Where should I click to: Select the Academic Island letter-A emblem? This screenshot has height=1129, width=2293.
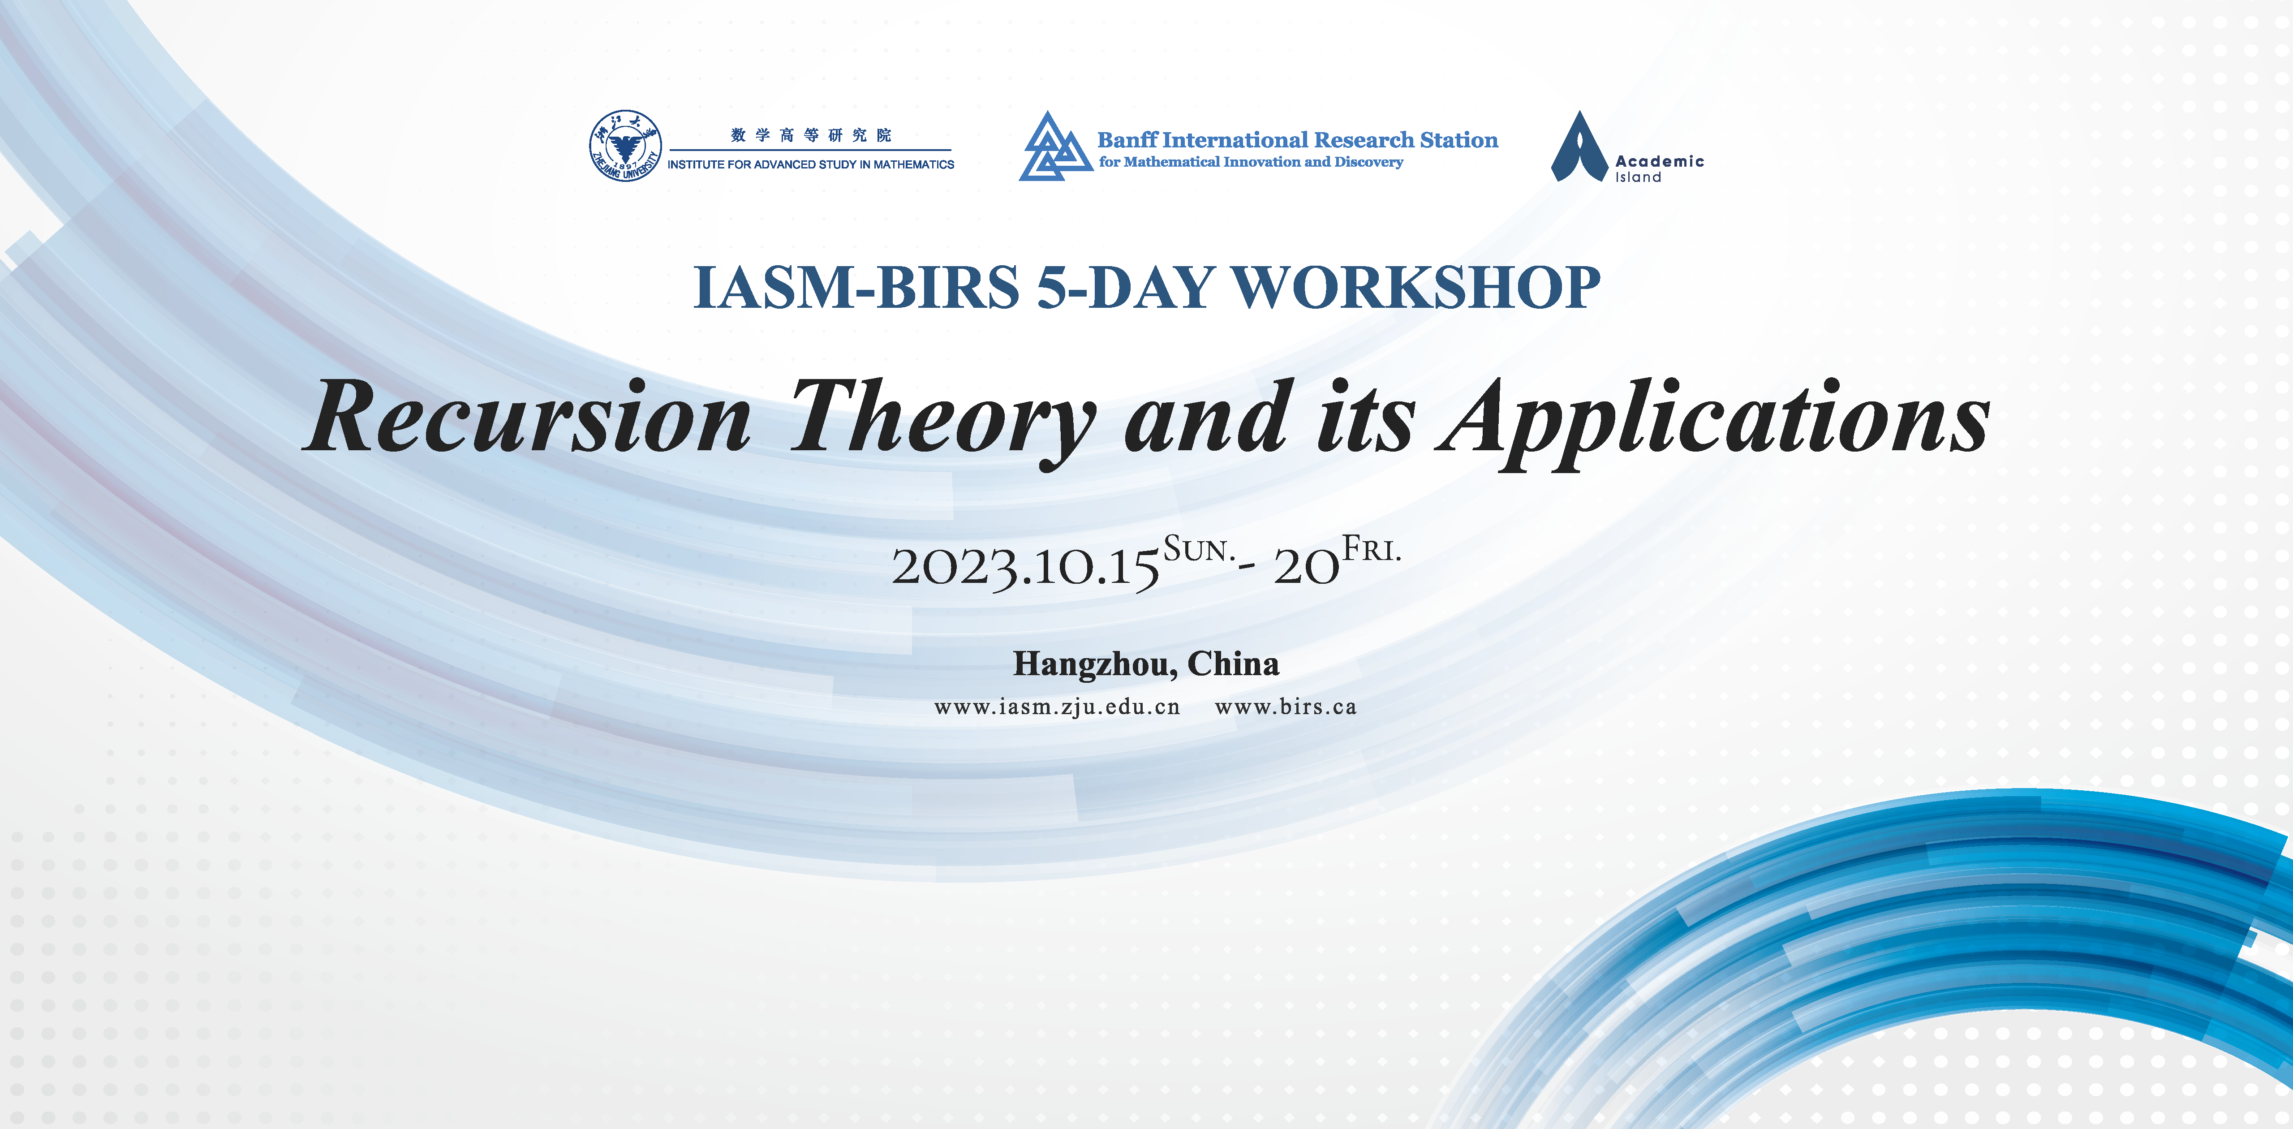[1579, 147]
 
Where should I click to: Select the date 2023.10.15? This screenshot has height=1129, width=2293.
[1025, 567]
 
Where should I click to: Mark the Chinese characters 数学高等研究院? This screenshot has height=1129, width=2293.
[811, 135]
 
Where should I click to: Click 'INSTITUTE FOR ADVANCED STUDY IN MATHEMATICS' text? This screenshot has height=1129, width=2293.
[811, 165]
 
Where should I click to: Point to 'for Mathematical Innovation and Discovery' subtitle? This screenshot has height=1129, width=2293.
[1251, 162]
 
